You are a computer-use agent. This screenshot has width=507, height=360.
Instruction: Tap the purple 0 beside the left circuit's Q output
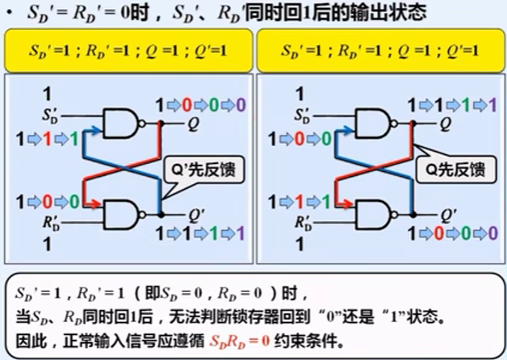tap(240, 104)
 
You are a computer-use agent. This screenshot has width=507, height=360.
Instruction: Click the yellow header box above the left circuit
tap(128, 50)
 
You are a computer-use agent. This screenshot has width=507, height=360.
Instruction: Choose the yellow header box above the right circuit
tap(379, 50)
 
